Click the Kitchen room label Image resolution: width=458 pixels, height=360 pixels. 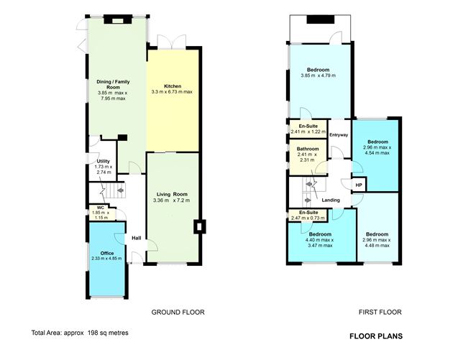coord(173,86)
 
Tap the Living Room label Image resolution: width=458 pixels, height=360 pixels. coord(172,195)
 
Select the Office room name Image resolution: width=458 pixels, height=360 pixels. coord(107,253)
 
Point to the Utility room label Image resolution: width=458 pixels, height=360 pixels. coord(103,161)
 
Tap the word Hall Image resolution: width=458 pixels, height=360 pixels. coord(137,238)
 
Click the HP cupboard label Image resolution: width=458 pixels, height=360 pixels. coord(359,185)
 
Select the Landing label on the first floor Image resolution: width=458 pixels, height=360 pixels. coord(331,200)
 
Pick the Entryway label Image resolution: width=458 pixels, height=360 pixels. coord(339,135)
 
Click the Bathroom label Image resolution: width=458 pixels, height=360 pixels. coord(308,149)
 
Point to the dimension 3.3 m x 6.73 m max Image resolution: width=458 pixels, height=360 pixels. coord(172,92)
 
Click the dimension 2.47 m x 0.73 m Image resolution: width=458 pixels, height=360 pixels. coord(308,218)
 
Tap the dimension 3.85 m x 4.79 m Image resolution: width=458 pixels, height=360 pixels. coord(318,75)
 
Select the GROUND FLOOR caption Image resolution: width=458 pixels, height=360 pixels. coord(178,312)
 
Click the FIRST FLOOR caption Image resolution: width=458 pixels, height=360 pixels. coord(380,312)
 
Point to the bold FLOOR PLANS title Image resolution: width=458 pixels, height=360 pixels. coord(376,336)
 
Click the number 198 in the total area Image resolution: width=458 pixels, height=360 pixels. coord(93,333)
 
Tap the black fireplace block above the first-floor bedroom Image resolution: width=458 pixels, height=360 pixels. coord(320,19)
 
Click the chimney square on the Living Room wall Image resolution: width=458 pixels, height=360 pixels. coord(200,226)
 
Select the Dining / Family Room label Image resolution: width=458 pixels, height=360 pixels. coord(113,84)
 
